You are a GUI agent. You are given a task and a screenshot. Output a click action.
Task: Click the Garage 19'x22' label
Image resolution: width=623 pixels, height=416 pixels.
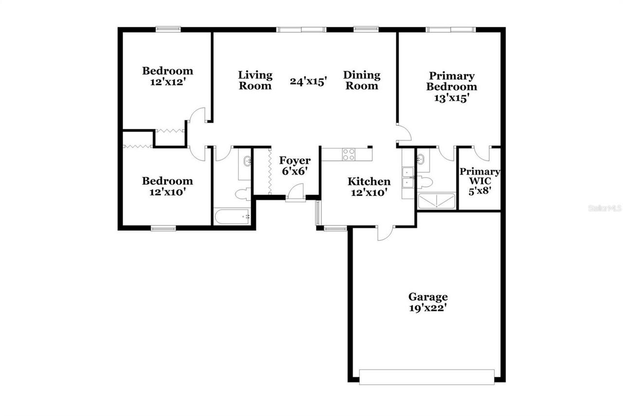[x=428, y=302]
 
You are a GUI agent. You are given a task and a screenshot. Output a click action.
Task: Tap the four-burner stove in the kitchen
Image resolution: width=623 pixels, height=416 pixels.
[x=348, y=154]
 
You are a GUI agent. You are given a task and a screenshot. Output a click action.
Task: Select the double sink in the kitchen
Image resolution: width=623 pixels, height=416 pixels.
[x=408, y=177]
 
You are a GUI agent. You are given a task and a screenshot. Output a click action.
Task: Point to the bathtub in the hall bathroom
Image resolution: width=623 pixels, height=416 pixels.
[x=232, y=217]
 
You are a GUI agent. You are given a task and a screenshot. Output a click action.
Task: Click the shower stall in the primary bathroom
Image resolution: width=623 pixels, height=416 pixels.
[x=436, y=201]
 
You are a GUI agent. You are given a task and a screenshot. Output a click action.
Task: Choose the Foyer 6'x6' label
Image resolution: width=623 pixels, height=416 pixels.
[x=294, y=165]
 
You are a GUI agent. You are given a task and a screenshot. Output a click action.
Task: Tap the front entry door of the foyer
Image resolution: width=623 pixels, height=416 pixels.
[x=295, y=193]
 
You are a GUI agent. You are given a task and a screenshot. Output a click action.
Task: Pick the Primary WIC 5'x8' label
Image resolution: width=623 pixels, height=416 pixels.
[x=480, y=181]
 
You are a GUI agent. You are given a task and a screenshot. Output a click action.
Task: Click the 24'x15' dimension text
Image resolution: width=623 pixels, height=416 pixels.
[x=308, y=81]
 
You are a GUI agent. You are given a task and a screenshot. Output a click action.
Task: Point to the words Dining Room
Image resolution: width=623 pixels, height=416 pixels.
[x=361, y=80]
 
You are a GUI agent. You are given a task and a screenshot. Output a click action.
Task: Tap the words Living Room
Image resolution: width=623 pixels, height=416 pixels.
[x=255, y=80]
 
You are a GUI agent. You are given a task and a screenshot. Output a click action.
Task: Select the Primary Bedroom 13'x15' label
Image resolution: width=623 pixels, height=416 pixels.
[x=451, y=87]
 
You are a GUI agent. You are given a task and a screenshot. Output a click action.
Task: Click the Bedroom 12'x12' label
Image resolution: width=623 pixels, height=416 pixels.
[x=167, y=76]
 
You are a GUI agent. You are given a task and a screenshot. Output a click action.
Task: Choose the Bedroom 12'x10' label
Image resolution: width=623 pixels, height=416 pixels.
[x=167, y=186]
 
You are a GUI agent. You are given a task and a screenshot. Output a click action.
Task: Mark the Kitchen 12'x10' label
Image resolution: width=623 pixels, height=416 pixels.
[x=368, y=187]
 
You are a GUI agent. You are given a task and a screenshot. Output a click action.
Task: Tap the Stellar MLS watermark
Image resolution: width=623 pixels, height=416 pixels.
[x=605, y=208]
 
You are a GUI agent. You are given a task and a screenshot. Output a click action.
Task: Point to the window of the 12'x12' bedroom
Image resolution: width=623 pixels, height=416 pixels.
[x=168, y=29]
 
